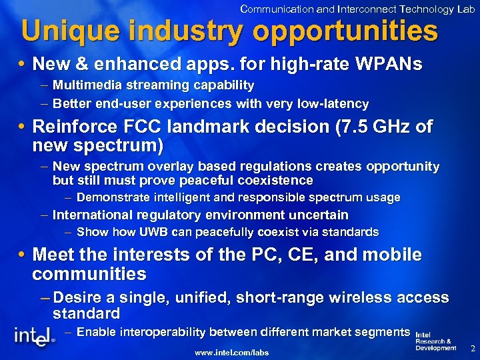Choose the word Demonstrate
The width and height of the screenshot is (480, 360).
[x=114, y=197]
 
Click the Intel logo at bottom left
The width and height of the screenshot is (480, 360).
[x=35, y=337]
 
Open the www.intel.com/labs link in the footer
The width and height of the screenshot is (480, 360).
[x=231, y=351]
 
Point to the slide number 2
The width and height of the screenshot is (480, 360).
[x=472, y=349]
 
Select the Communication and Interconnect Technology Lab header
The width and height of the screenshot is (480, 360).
[x=357, y=9]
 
